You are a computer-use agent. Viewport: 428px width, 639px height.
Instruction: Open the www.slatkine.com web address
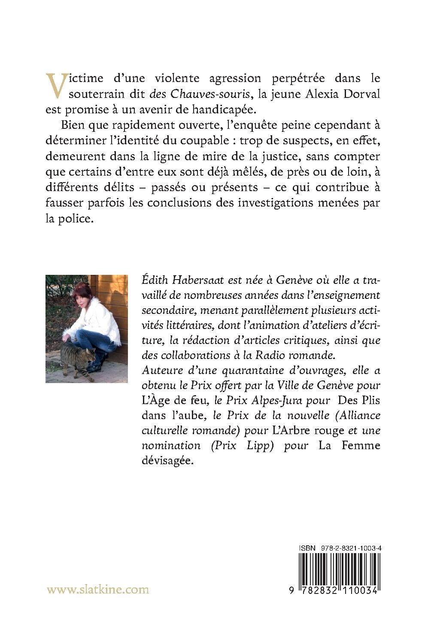pos(98,590)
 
